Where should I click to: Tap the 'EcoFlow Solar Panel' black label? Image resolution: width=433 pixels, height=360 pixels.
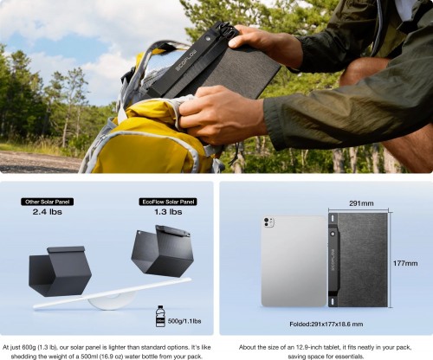coord(167,201)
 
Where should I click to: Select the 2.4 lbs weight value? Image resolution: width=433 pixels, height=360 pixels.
coord(49,211)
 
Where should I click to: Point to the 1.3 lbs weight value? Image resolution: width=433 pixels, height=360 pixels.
coord(166,211)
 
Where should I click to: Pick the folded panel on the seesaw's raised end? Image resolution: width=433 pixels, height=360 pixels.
coord(161,251)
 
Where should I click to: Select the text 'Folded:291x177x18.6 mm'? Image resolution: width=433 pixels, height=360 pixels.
coord(326,323)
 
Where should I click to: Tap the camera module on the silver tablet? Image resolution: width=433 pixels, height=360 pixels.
coord(268,224)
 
